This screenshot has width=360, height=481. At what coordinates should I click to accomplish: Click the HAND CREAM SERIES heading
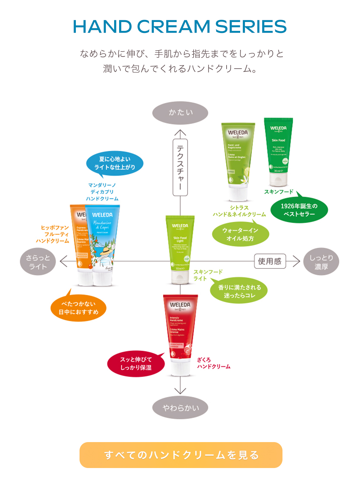pos(180,27)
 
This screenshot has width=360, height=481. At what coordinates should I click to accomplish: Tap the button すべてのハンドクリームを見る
pos(181,455)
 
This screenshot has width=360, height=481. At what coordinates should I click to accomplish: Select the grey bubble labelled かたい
pos(180,113)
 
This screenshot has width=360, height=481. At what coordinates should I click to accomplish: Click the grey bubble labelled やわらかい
pos(180,407)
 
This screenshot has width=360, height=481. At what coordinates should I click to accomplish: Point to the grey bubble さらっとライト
pos(38,262)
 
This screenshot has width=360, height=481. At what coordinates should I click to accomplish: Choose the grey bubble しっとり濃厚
pos(321,262)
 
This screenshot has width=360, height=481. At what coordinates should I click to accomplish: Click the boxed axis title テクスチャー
pos(180,167)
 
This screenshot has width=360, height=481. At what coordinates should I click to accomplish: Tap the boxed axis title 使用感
pos(270,261)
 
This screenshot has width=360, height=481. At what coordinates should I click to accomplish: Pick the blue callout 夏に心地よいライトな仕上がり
pos(115,163)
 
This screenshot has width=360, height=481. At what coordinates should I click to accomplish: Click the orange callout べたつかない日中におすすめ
pos(79,308)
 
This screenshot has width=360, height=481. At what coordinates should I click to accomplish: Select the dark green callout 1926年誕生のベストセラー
pos(299,210)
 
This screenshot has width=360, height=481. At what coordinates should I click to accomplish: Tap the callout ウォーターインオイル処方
pos(240,234)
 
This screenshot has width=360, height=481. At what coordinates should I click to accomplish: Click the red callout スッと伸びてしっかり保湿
pos(136,364)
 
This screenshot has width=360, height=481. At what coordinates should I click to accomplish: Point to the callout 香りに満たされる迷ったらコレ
pos(239,291)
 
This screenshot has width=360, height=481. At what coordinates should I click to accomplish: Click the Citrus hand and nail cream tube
pos(238,160)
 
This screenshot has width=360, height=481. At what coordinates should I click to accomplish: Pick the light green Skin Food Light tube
pos(180,248)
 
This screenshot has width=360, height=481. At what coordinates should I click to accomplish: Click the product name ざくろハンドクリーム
pos(213,363)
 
